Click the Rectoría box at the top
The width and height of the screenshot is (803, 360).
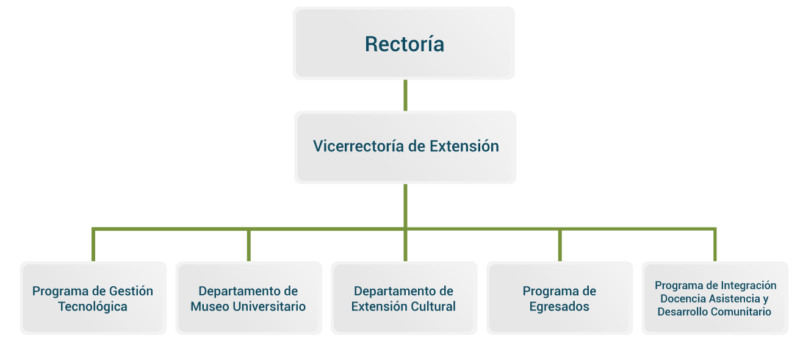pos(404,43)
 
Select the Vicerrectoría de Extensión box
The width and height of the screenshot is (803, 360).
pos(405,148)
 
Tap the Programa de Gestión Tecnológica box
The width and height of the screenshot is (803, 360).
pos(93,298)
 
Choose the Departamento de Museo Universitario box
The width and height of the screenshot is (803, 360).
pos(249,298)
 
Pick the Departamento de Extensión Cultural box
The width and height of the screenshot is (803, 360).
pos(404,298)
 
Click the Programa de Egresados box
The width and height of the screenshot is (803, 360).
pos(560,298)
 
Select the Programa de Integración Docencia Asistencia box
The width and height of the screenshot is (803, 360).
pos(715,298)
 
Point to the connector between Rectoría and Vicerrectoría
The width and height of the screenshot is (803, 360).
pos(405,95)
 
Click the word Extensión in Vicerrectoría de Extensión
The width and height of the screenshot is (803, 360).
pos(464,146)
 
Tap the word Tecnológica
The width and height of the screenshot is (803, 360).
pos(93,307)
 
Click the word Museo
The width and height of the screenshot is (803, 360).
pos(210,306)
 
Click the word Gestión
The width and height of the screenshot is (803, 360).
pos(131,291)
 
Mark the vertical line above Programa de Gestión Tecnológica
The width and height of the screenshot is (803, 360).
pos(93,245)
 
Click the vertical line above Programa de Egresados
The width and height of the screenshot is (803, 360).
pos(560,245)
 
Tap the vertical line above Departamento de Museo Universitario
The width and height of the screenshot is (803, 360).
pos(249,245)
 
